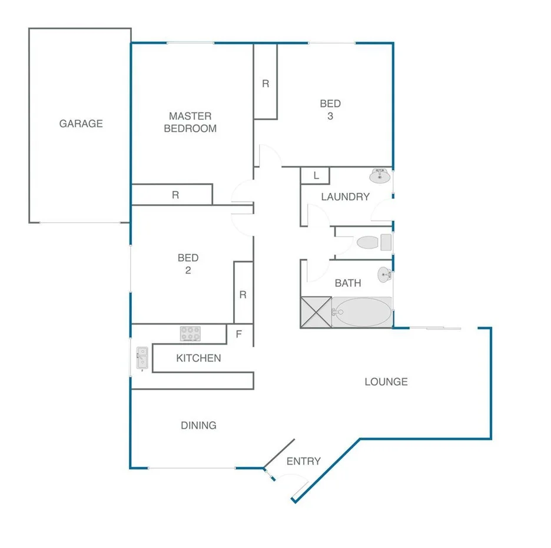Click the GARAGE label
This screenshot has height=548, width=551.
click(81, 123)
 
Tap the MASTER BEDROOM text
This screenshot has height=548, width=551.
click(190, 122)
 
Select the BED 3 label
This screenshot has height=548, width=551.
click(330, 110)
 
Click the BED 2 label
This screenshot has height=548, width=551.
click(188, 264)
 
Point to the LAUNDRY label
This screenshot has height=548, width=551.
click(345, 197)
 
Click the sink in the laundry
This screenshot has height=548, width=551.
click(380, 175)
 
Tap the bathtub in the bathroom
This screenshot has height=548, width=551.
click(361, 312)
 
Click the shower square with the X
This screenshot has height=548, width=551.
click(316, 312)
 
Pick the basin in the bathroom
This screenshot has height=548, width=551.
click(383, 273)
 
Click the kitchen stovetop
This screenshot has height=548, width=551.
click(190, 333)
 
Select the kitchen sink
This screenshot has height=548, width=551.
click(142, 358)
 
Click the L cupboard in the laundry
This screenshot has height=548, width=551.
click(316, 175)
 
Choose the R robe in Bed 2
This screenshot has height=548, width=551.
click(243, 294)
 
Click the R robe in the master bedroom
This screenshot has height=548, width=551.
click(175, 195)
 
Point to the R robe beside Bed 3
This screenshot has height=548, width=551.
click(265, 83)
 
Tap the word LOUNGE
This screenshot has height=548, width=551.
click(386, 382)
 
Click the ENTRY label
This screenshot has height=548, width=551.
click(303, 461)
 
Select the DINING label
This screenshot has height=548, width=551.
click(198, 425)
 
